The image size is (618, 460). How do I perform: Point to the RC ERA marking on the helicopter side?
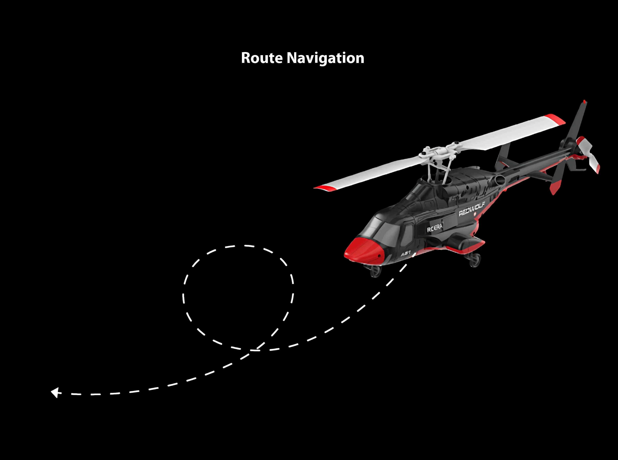click(x=435, y=228)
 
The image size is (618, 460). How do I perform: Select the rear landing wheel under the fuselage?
click(x=475, y=260)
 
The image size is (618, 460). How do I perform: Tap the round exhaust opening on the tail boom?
click(x=500, y=181)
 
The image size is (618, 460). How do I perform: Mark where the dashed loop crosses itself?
click(x=256, y=349)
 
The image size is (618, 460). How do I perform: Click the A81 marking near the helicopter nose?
click(x=406, y=254)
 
